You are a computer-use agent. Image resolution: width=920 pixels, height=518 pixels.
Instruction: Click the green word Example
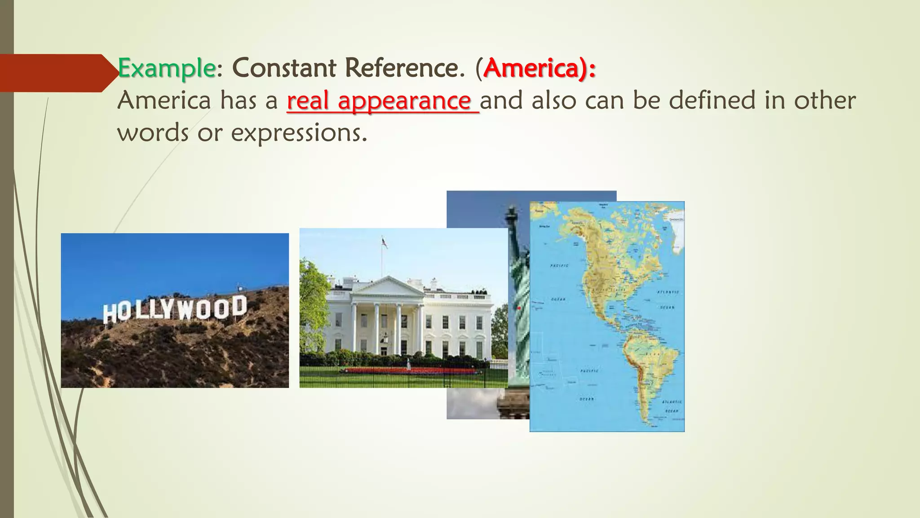tap(166, 69)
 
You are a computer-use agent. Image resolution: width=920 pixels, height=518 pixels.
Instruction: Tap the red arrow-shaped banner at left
tap(54, 73)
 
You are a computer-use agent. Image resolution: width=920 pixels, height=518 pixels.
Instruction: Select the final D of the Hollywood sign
tap(239, 307)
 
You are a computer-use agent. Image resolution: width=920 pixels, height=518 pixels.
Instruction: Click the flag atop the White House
tap(385, 243)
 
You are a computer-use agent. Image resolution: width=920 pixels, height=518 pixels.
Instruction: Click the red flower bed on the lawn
tap(409, 371)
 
